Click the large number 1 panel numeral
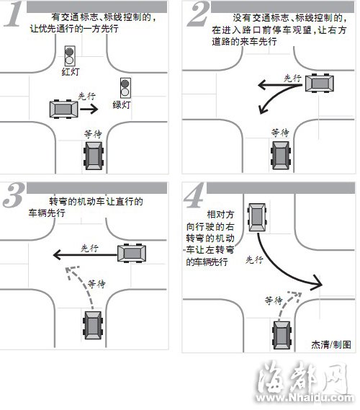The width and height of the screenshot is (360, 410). pos(13,14)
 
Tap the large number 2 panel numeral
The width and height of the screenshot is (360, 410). pos(198,14)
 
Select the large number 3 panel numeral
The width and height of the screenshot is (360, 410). pos(14,195)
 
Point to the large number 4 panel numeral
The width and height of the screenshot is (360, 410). pos(195,195)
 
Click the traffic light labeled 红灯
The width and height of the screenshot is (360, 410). pos(70,56)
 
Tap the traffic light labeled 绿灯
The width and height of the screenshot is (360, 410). pos(125,88)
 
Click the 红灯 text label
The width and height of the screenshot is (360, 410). pos(71,71)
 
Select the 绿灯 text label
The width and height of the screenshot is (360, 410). pos(122,105)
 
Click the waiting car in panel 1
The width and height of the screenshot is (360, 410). pos(94,156)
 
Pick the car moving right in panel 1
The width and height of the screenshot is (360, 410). pos(64,109)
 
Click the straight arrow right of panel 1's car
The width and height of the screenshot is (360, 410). pos(89,109)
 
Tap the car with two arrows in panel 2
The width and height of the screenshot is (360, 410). pos(320,84)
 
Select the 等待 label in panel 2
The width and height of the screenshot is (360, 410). pos(280,133)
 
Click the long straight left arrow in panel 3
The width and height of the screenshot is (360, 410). pos(85,254)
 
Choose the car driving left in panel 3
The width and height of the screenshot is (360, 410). pos(132,253)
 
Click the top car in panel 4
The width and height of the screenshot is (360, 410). pos(257,218)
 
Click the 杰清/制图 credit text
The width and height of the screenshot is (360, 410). pos(331,344)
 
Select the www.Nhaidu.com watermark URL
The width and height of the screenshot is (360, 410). pos(304,398)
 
